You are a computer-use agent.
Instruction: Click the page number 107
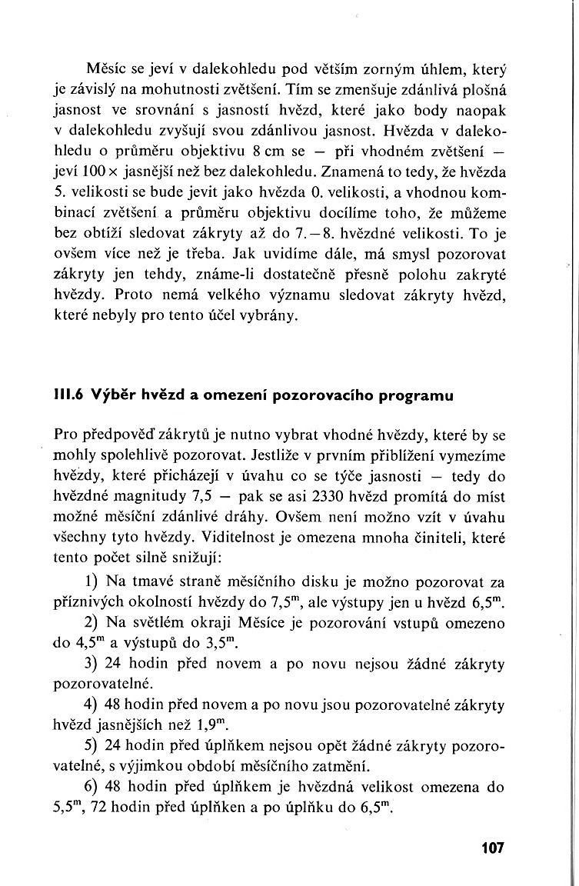(x=492, y=848)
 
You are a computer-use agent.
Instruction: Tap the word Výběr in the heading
(x=114, y=396)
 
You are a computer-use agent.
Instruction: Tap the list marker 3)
(x=91, y=662)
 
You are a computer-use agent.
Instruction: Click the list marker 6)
(x=91, y=787)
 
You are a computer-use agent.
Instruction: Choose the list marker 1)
(x=91, y=578)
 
